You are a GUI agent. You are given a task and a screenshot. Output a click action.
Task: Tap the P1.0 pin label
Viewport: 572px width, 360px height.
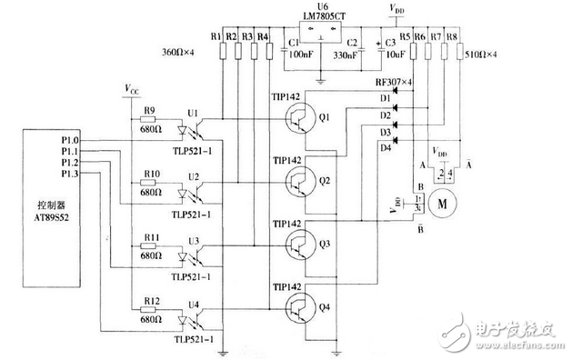pos(70,140)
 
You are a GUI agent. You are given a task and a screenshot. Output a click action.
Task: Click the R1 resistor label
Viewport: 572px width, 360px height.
pos(215,36)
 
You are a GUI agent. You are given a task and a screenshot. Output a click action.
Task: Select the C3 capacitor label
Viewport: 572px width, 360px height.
pos(390,43)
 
